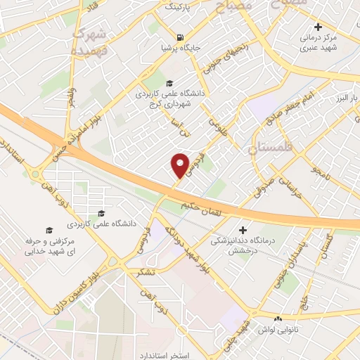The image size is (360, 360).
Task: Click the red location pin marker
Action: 180,165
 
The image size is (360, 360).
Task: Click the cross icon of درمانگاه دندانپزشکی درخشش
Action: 243,230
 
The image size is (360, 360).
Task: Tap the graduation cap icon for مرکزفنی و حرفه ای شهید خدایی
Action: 49,230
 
